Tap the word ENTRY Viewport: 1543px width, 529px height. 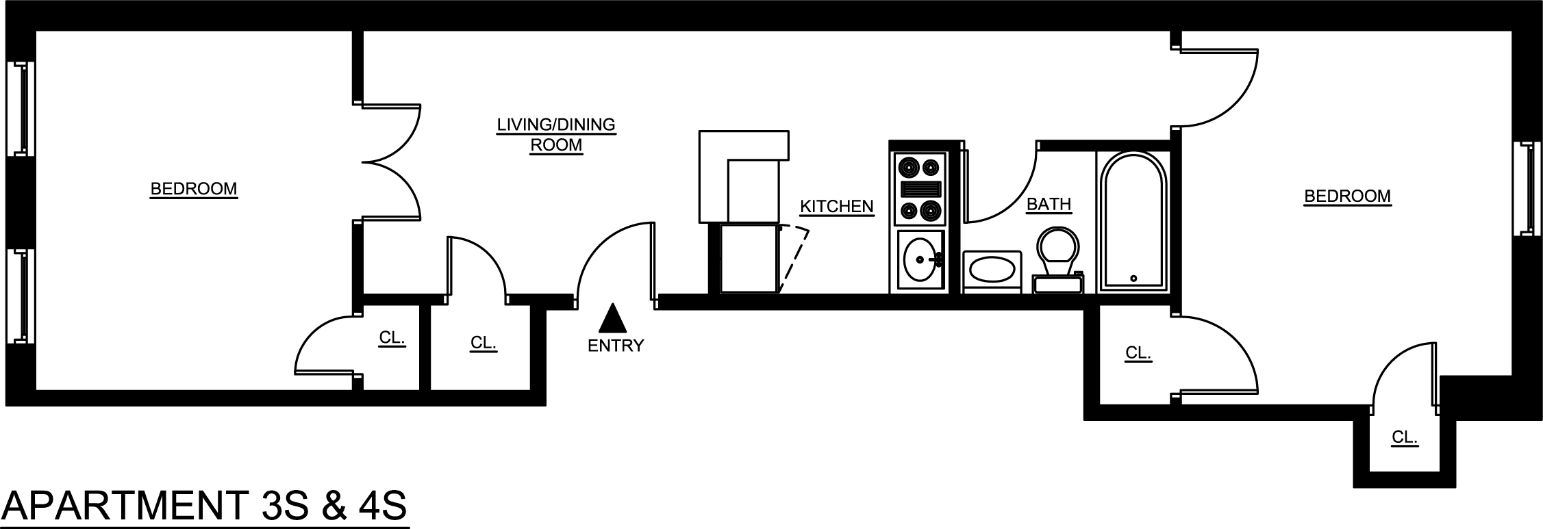point(616,346)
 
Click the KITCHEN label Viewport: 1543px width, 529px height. point(836,206)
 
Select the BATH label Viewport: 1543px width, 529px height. point(1049,204)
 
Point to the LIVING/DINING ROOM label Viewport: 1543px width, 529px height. point(556,135)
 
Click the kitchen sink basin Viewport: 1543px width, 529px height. point(920,260)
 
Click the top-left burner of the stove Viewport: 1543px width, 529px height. point(909,166)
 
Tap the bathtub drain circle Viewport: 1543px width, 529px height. point(1133,279)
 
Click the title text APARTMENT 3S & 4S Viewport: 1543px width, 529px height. point(205,506)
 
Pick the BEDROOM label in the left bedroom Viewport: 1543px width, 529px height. point(194,189)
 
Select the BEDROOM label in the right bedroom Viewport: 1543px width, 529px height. point(1347,196)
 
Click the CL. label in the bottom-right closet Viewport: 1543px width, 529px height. point(1404,437)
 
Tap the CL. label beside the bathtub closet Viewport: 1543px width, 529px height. point(1138,353)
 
